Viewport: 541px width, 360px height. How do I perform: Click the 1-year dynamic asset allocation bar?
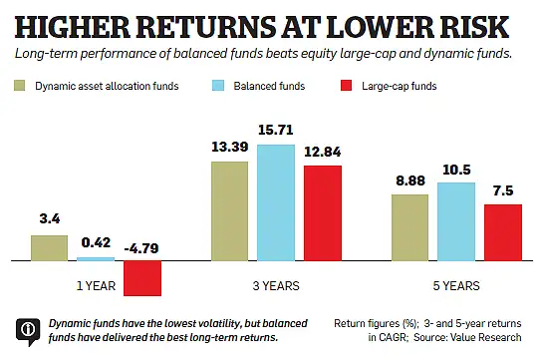[49, 248]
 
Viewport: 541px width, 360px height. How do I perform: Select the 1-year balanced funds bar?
[96, 258]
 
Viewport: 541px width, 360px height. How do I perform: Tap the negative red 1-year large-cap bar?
[142, 278]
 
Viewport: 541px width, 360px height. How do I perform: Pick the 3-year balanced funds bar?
[276, 202]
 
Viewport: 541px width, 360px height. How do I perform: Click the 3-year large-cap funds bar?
[323, 212]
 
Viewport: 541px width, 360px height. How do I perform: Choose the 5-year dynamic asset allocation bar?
[409, 227]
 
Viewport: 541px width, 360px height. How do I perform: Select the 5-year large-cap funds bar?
[502, 232]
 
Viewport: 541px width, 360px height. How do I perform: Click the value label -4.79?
[141, 249]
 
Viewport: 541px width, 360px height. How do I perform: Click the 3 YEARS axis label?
[276, 285]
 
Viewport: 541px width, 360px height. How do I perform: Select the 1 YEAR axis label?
[95, 285]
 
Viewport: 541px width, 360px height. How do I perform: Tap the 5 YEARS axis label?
[456, 285]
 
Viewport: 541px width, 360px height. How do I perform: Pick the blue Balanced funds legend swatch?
[223, 87]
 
